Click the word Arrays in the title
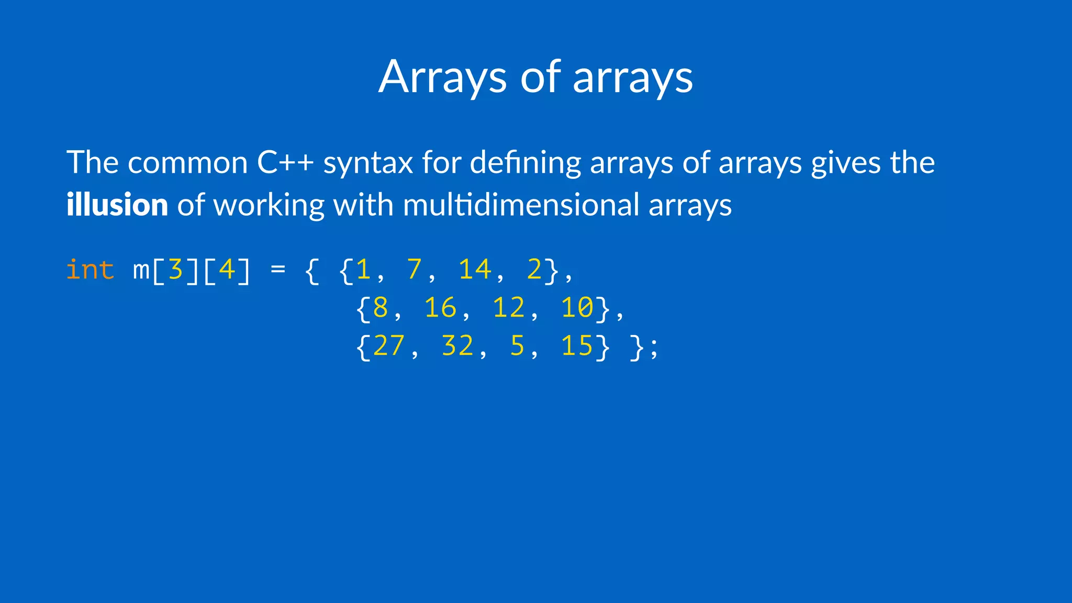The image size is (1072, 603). [442, 77]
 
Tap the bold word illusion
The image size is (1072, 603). [117, 204]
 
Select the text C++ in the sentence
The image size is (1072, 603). [285, 163]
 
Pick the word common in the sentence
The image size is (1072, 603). [188, 163]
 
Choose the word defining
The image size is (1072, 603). [526, 163]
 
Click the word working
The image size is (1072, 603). [269, 205]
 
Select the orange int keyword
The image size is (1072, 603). [90, 270]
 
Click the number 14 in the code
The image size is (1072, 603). [474, 270]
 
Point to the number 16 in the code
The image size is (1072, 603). [440, 308]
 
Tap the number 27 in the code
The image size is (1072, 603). [388, 346]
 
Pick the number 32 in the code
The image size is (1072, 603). [457, 346]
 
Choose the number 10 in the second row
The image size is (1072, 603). [577, 308]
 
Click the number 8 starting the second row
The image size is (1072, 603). [381, 308]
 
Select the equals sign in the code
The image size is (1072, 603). [278, 270]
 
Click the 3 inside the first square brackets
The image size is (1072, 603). [175, 270]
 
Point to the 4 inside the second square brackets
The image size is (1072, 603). [227, 270]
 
